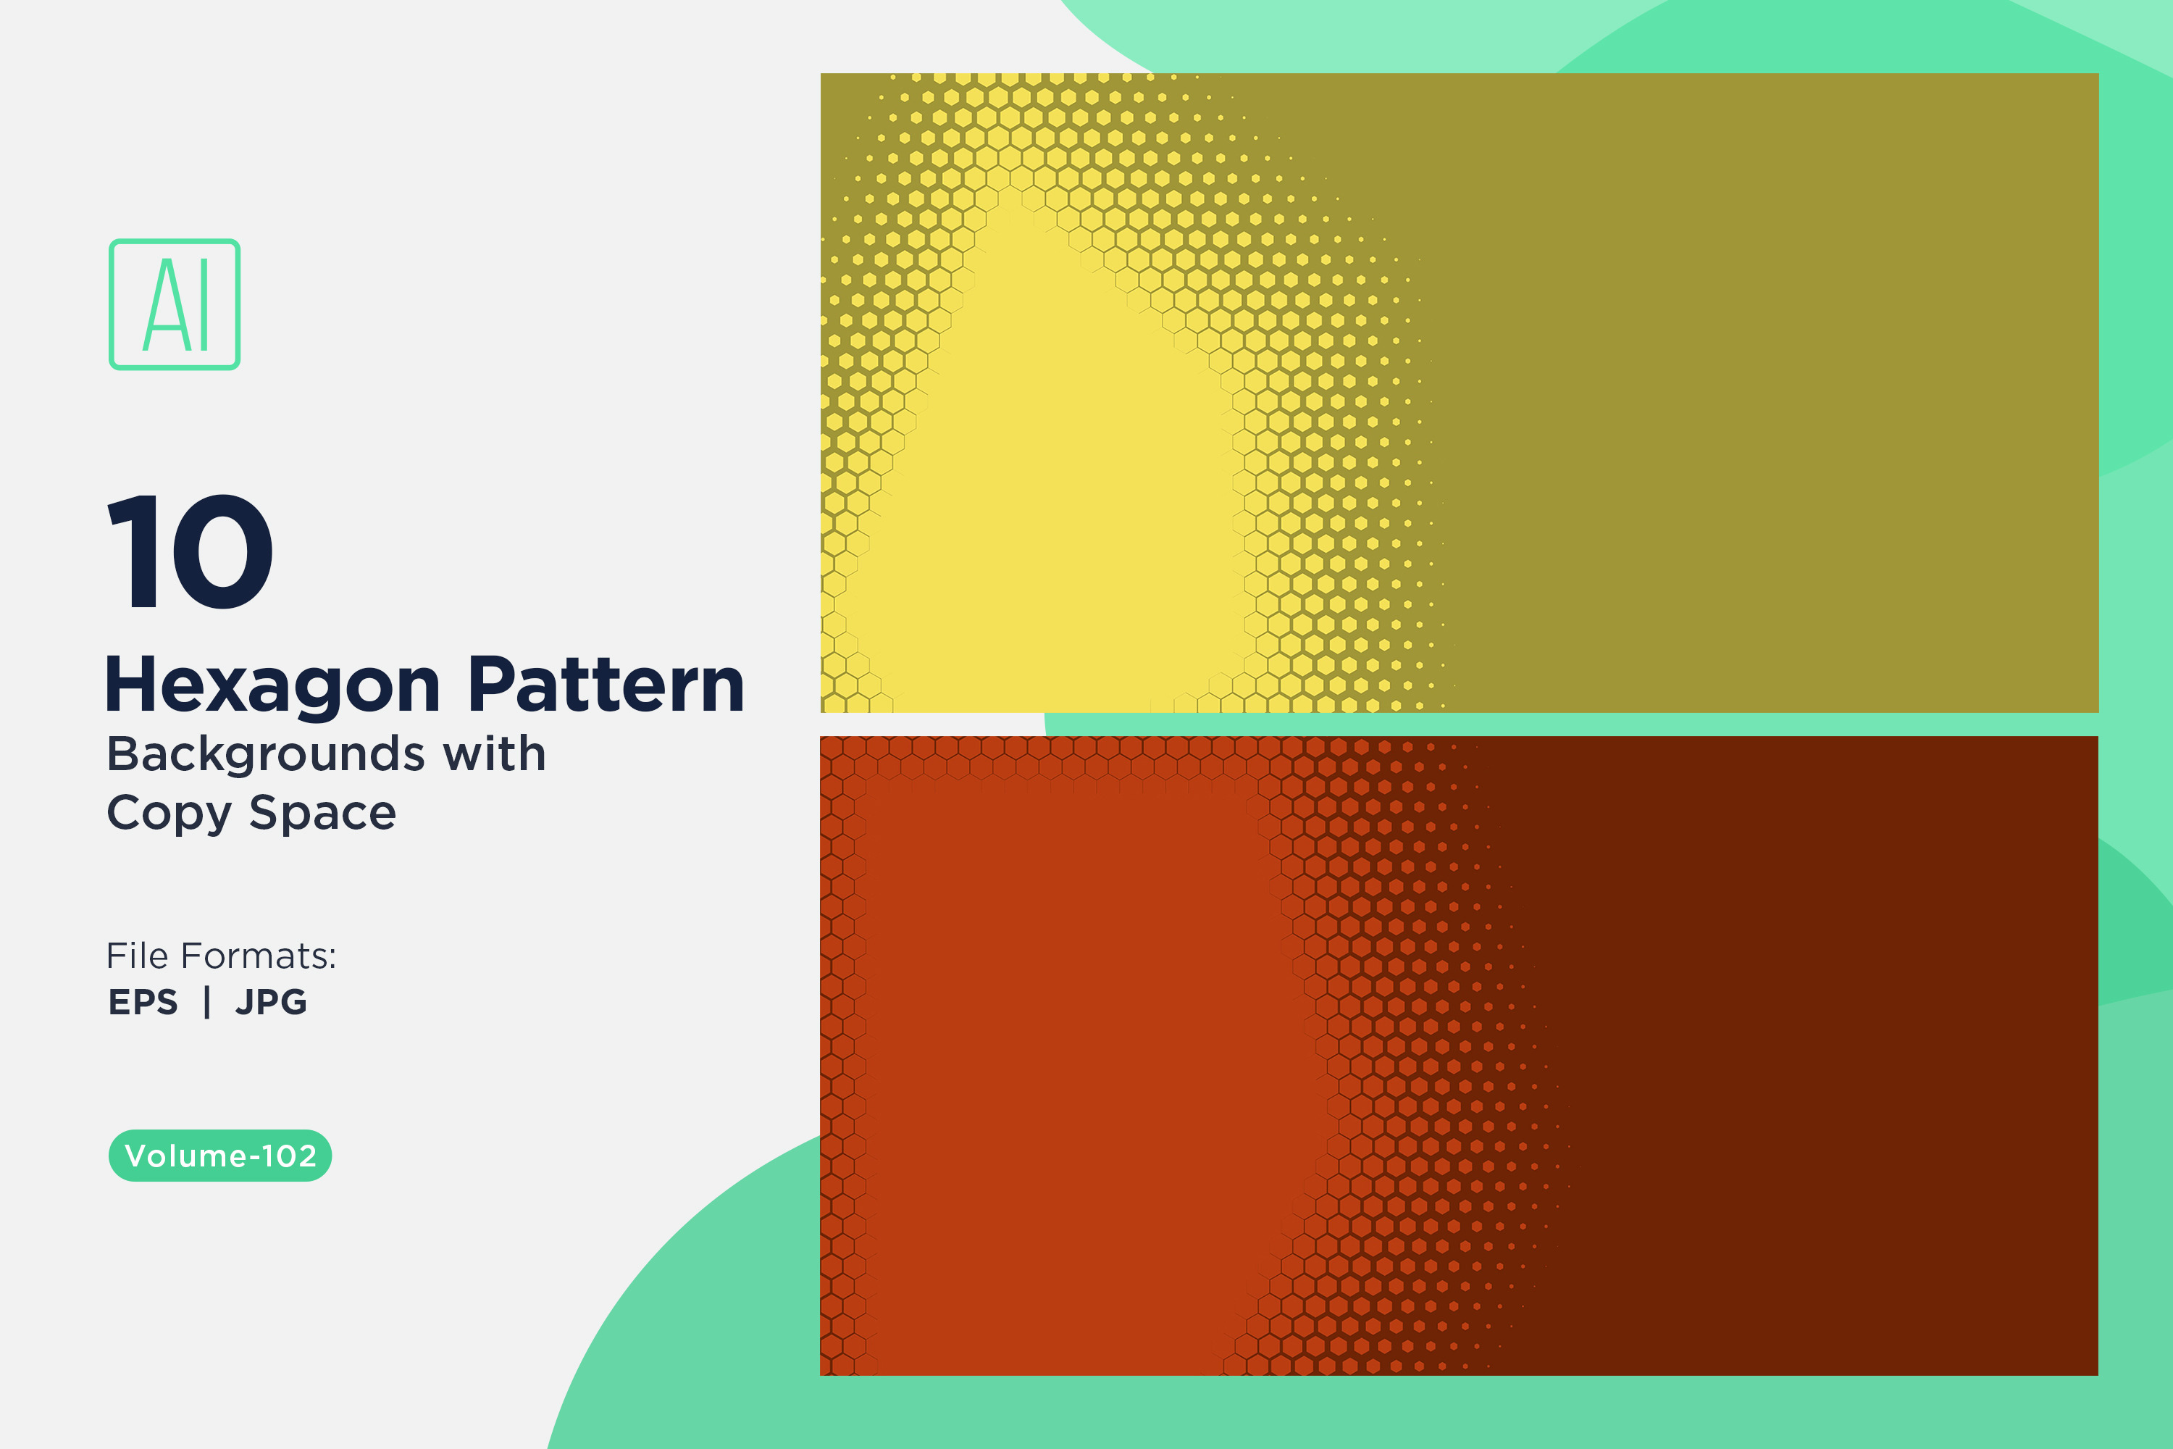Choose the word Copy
pyautogui.click(x=169, y=814)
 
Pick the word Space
pyautogui.click(x=322, y=814)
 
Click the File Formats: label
pyautogui.click(x=221, y=956)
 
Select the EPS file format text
pyautogui.click(x=143, y=1002)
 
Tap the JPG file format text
pyautogui.click(x=271, y=1002)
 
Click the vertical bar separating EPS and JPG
pyautogui.click(x=207, y=1002)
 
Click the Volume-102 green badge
pyautogui.click(x=220, y=1155)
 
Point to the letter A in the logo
pyautogui.click(x=164, y=304)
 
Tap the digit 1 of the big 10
pyautogui.click(x=134, y=551)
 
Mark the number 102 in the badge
pyautogui.click(x=288, y=1155)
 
